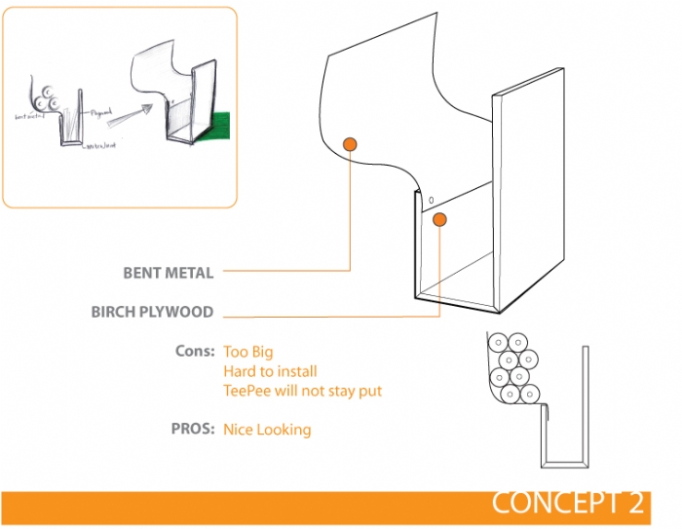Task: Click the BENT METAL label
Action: click(x=168, y=273)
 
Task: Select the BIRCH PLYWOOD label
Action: click(x=152, y=313)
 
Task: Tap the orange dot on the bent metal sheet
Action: click(x=351, y=145)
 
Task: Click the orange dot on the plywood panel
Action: click(x=439, y=220)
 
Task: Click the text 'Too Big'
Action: click(x=247, y=351)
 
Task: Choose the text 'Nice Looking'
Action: click(x=267, y=429)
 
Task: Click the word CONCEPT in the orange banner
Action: click(x=553, y=503)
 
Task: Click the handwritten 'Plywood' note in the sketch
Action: click(x=101, y=114)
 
